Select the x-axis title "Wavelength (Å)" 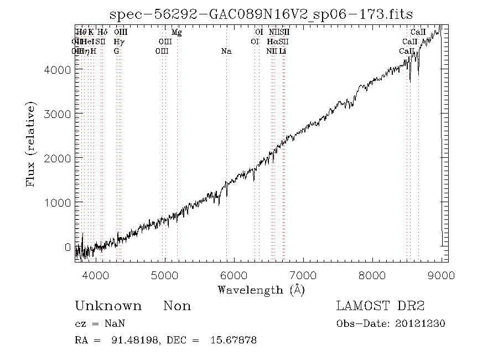click(261, 289)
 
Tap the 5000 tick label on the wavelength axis click(164, 275)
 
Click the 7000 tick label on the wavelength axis click(303, 275)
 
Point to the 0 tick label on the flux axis click(68, 247)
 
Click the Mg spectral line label click(177, 33)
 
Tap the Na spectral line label click(226, 51)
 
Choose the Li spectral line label click(283, 51)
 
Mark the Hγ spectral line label click(118, 42)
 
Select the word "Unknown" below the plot click(108, 306)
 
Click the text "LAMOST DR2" click(380, 306)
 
